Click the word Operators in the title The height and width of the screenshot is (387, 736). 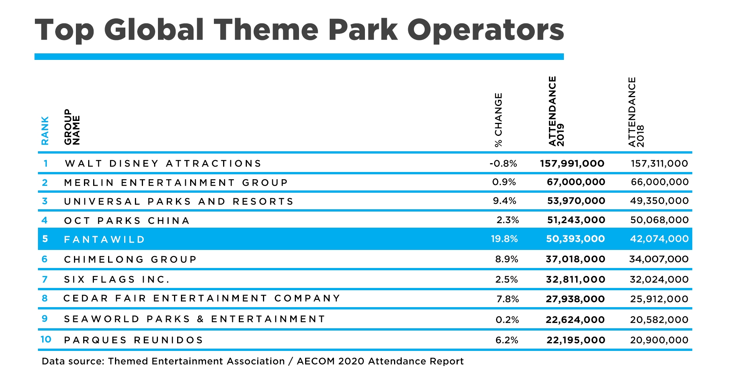pyautogui.click(x=485, y=31)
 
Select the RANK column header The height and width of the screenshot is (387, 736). pyautogui.click(x=45, y=131)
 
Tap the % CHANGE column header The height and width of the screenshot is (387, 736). pyautogui.click(x=498, y=120)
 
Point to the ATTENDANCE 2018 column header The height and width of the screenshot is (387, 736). pyautogui.click(x=636, y=112)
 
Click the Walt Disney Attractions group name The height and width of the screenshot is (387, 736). pyautogui.click(x=163, y=164)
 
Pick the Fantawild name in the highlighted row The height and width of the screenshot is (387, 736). pyautogui.click(x=104, y=240)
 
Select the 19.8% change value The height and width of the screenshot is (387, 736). pyautogui.click(x=504, y=239)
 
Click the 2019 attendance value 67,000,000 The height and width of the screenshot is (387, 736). pyautogui.click(x=576, y=182)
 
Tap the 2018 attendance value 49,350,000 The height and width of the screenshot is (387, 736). pyautogui.click(x=659, y=201)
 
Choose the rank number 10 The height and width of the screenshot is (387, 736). pyautogui.click(x=46, y=339)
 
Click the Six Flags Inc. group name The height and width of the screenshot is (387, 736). pyautogui.click(x=117, y=279)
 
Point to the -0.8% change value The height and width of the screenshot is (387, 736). pyautogui.click(x=503, y=164)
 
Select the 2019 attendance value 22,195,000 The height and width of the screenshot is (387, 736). pyautogui.click(x=576, y=340)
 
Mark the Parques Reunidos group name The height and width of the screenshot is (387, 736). pyautogui.click(x=133, y=340)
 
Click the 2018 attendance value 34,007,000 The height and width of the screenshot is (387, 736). pyautogui.click(x=659, y=259)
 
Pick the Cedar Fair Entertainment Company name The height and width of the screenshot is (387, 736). pyautogui.click(x=202, y=298)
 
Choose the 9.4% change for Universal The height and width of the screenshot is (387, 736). pyautogui.click(x=504, y=201)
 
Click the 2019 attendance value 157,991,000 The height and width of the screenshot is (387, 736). pyautogui.click(x=572, y=164)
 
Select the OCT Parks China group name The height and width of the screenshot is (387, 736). pyautogui.click(x=127, y=221)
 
